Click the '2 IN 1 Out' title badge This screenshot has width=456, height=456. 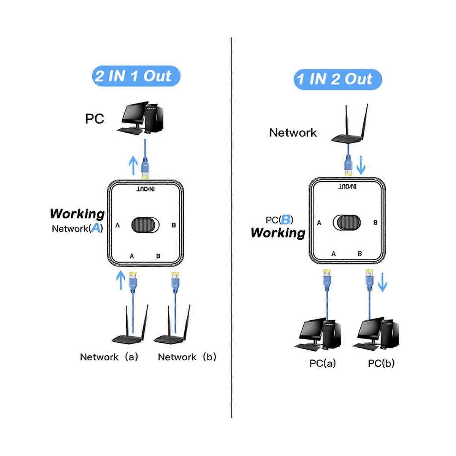(x=136, y=76)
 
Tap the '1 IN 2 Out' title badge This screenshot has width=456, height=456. (x=337, y=79)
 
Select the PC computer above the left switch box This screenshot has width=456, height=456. (x=141, y=118)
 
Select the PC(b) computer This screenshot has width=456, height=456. (x=376, y=334)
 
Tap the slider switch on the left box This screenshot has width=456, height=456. (x=146, y=225)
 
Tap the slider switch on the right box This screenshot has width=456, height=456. (x=347, y=222)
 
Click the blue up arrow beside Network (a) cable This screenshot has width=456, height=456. (x=120, y=280)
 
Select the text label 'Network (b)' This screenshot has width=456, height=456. (x=187, y=357)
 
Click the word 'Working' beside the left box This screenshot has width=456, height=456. (x=77, y=214)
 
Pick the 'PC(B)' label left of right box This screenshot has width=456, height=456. (x=279, y=220)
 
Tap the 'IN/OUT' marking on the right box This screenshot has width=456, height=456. (x=347, y=187)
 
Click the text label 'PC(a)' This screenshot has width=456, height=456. (x=322, y=363)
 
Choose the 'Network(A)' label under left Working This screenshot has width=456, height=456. (x=77, y=228)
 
